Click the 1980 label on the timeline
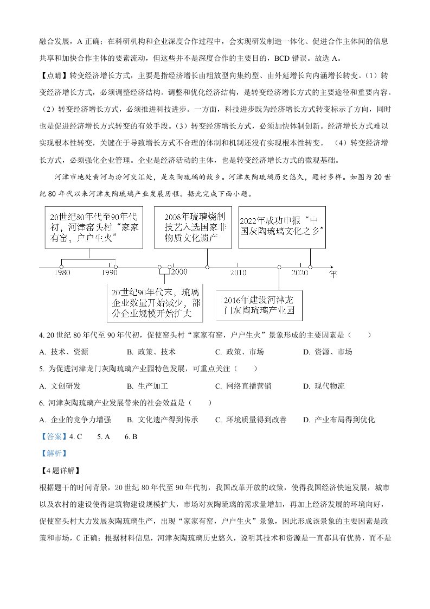62,272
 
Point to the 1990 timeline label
109,272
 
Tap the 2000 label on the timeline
178,272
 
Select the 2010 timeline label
238,272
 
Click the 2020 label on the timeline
300,272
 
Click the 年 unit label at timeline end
333,274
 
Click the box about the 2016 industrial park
259,306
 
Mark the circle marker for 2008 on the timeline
208,267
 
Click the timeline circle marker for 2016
279,267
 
